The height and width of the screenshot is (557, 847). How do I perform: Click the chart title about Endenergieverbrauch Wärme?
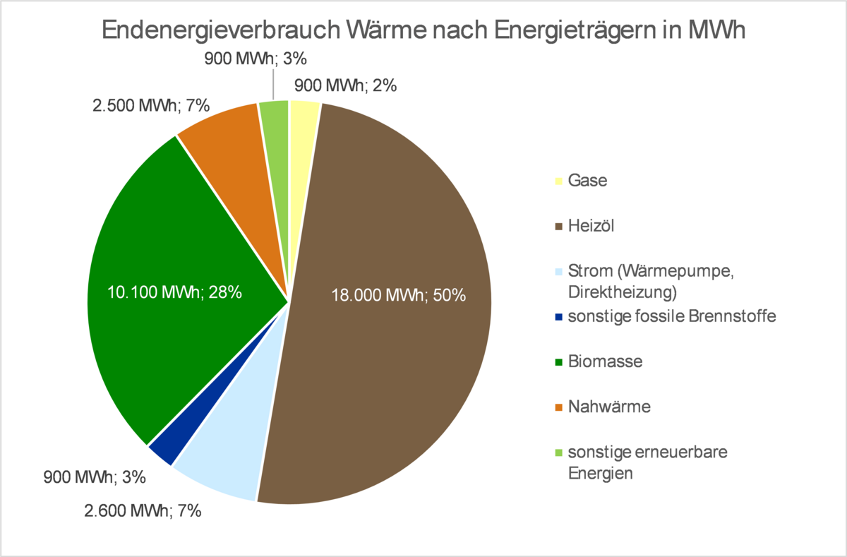pos(423,32)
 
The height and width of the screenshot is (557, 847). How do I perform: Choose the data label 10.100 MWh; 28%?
pos(174,292)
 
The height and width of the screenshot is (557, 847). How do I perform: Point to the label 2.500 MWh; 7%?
pos(151,107)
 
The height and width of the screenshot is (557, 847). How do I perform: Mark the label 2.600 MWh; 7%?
pos(143,510)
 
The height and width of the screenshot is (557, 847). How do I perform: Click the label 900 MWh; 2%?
pos(344,86)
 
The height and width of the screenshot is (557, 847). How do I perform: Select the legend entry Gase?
pos(587,181)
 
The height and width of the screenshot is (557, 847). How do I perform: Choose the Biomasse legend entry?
pos(605,361)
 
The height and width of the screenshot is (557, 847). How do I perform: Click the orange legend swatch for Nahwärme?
pos(558,407)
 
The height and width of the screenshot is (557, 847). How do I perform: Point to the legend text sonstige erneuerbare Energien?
pos(647,462)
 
